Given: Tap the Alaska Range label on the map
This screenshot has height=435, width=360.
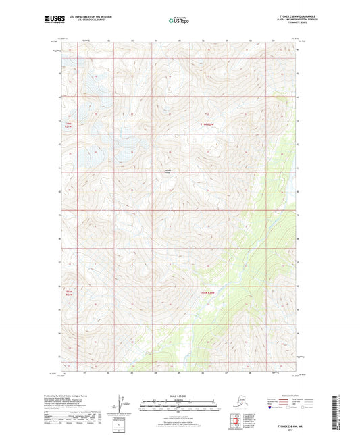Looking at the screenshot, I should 168,170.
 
